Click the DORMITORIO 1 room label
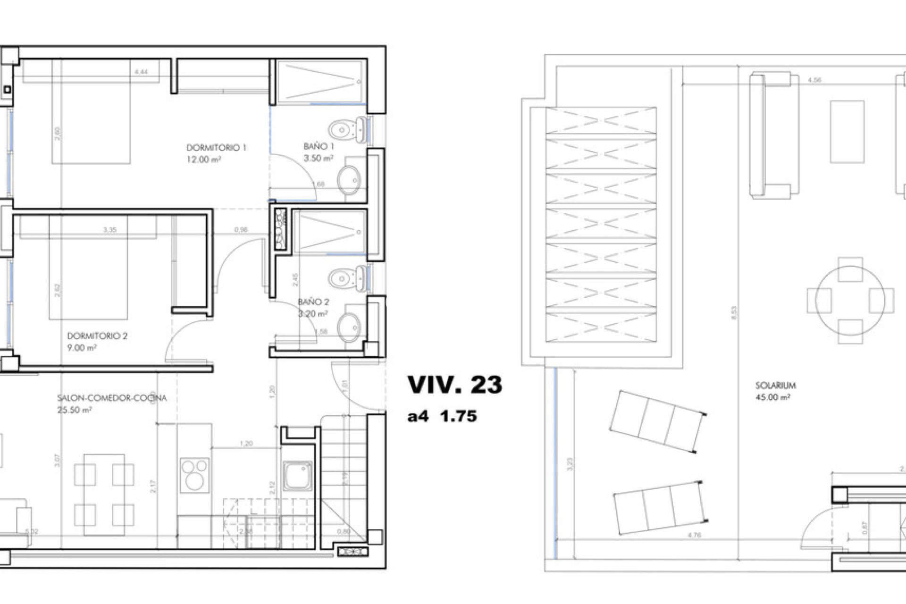[216, 148]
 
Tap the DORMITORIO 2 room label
[97, 336]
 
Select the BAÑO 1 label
[319, 147]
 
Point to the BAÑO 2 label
[313, 302]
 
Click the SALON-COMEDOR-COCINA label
[112, 398]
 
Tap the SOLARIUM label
[775, 386]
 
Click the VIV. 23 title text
[455, 385]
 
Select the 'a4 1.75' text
[442, 416]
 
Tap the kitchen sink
[298, 476]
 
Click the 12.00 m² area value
[204, 159]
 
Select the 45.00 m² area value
[772, 398]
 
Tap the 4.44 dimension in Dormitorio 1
[141, 72]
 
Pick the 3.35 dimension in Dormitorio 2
[109, 230]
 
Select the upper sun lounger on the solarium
[657, 421]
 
